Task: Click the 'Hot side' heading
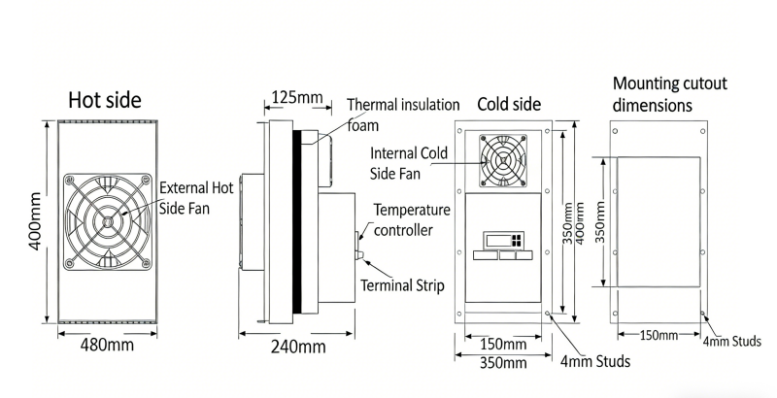(104, 99)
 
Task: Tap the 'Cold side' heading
(510, 104)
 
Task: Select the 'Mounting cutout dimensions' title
(670, 93)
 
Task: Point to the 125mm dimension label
(297, 97)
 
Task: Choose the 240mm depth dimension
(297, 347)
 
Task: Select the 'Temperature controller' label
(412, 219)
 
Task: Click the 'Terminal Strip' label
(402, 285)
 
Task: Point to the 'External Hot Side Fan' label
(196, 197)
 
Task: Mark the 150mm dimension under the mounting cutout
(659, 336)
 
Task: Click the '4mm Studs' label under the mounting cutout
(740, 341)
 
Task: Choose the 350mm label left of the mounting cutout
(599, 222)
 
